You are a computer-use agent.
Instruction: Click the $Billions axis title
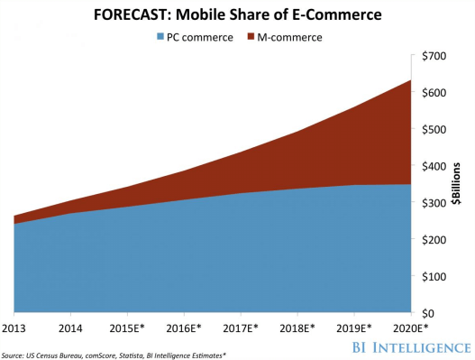(x=458, y=185)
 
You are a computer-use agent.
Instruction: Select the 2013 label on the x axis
(x=15, y=328)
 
